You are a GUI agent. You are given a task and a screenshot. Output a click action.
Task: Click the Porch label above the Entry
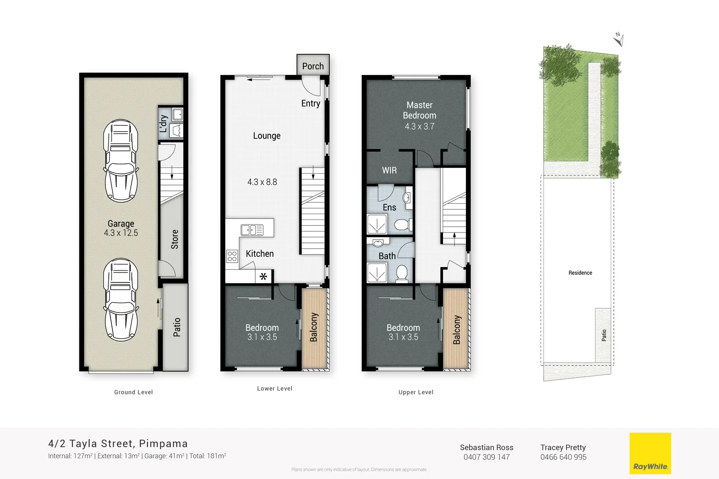[313, 66]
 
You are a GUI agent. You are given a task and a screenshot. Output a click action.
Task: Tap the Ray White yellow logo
[650, 453]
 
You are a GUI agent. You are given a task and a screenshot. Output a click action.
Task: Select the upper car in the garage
[121, 160]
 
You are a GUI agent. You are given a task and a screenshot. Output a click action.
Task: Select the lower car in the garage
[121, 299]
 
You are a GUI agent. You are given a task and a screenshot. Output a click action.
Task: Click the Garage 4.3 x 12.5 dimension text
[121, 233]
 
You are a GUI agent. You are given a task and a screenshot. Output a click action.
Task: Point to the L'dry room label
[164, 123]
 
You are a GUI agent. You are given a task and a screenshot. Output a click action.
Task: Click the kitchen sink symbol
[252, 230]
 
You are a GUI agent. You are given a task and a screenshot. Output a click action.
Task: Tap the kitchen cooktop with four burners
[232, 256]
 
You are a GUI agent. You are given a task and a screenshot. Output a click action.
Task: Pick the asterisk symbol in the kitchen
[263, 277]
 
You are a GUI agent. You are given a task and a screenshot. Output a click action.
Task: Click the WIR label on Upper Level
[389, 171]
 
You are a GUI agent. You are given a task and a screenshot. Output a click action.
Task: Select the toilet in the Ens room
[401, 224]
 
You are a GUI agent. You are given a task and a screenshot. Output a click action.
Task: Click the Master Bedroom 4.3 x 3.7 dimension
[419, 127]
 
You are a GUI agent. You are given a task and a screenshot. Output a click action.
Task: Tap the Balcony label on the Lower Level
[314, 327]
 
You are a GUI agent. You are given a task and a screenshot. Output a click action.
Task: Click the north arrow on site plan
[619, 40]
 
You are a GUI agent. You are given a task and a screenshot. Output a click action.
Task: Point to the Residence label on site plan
[580, 273]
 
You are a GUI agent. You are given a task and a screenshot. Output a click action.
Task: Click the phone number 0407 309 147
[487, 457]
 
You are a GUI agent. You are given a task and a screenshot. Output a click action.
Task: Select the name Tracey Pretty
[563, 447]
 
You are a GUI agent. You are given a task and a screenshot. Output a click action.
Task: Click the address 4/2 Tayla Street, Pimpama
[118, 444]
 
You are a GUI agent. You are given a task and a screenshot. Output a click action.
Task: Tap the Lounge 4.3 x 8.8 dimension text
[262, 182]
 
